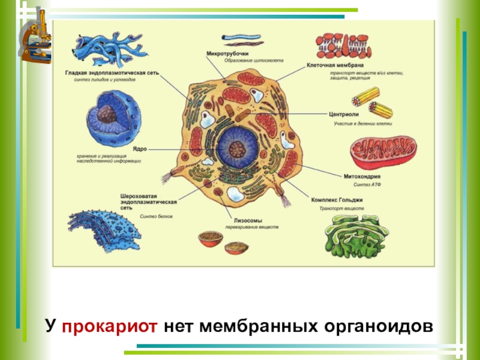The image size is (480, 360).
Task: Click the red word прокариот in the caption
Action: click(x=109, y=326)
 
